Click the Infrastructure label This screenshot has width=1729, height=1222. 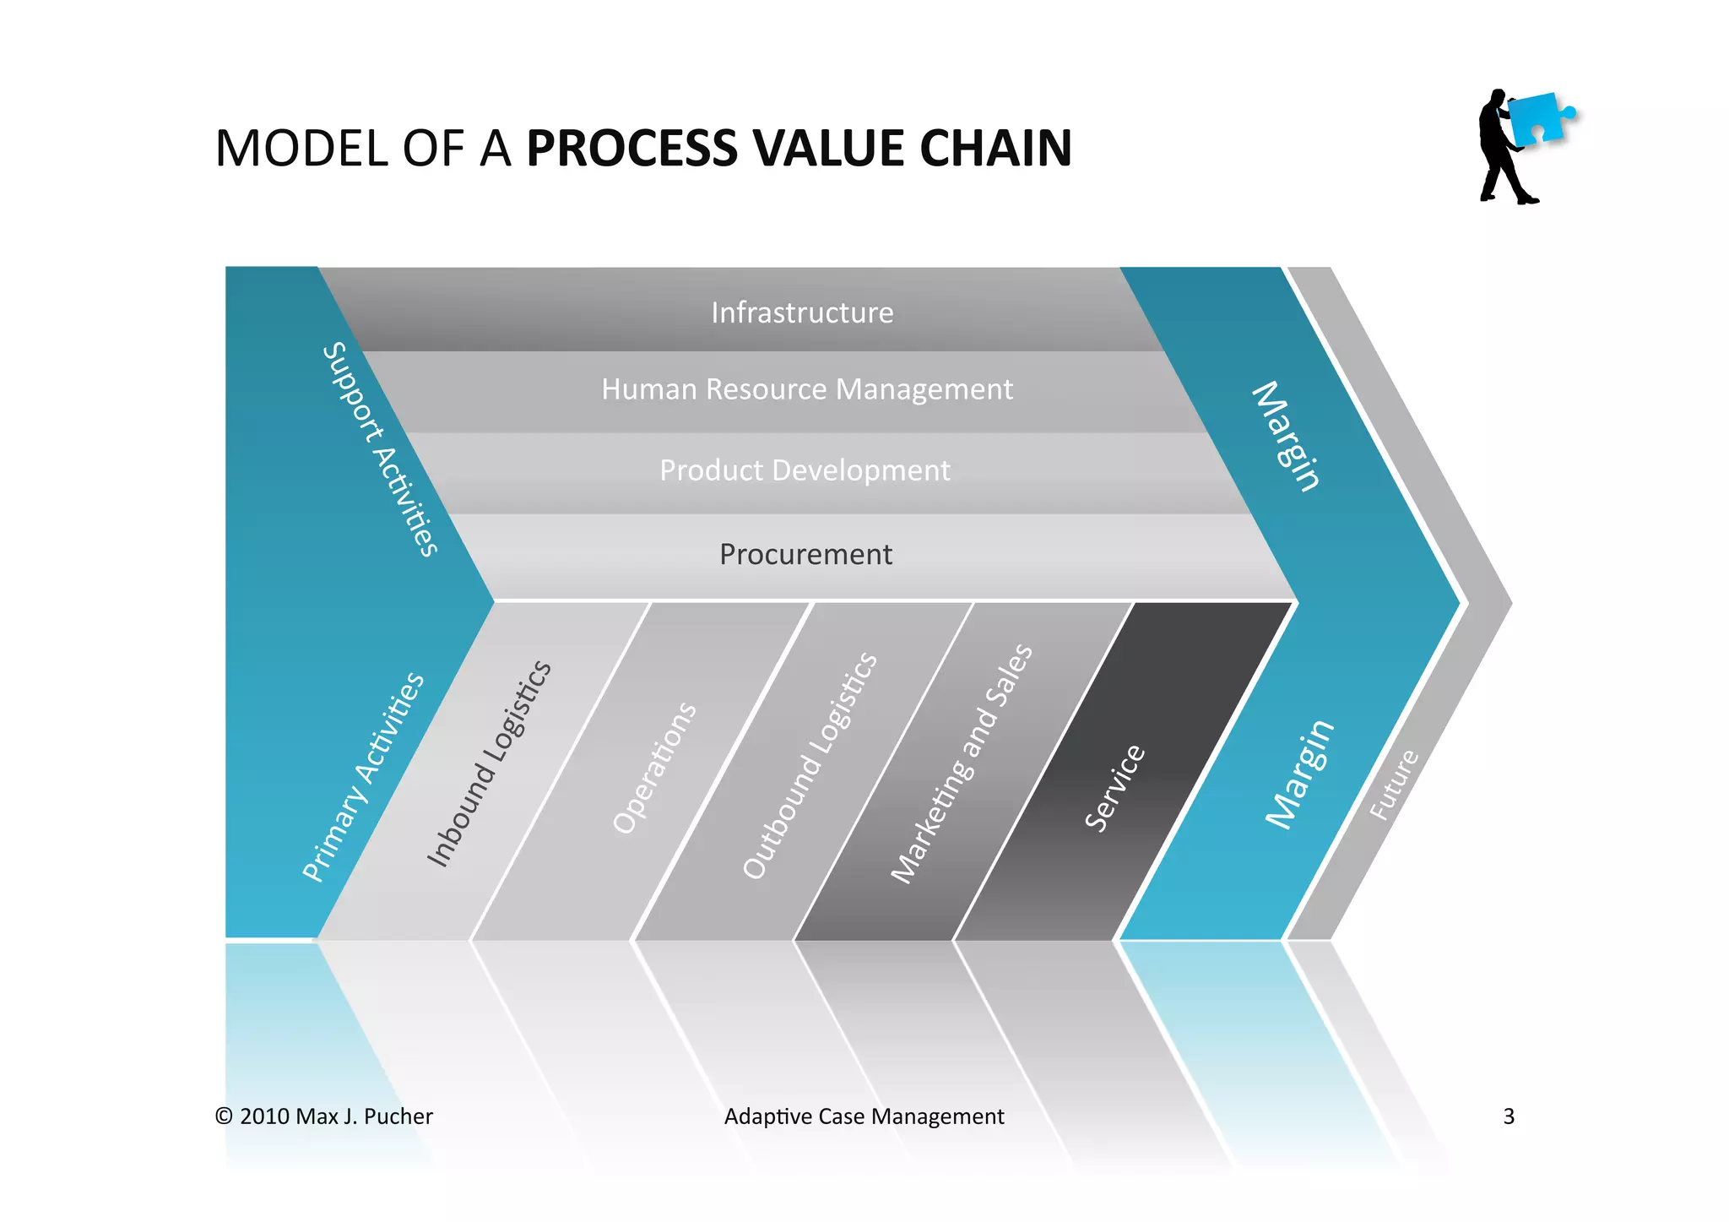tap(802, 312)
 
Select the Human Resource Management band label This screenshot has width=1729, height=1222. tap(806, 389)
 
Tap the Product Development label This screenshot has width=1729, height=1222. tap(805, 470)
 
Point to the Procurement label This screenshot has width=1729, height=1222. tap(805, 555)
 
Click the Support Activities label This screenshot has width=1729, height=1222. tap(382, 449)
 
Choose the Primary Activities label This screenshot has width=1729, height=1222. tap(364, 777)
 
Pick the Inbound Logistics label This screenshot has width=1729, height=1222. tap(490, 763)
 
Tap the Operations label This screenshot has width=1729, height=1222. tap(655, 767)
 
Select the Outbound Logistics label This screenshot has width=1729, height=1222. tap(810, 765)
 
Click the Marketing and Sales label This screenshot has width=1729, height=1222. tap(962, 763)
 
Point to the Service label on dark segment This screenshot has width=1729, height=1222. tap(1115, 787)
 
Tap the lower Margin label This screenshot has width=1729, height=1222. tap(1300, 774)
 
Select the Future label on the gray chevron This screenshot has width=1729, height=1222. tap(1394, 785)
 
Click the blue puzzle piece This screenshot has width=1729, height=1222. tap(1538, 118)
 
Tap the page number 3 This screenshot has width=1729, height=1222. tap(1509, 1116)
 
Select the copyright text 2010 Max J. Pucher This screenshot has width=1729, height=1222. tap(324, 1116)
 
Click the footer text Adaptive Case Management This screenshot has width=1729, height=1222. tap(864, 1116)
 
